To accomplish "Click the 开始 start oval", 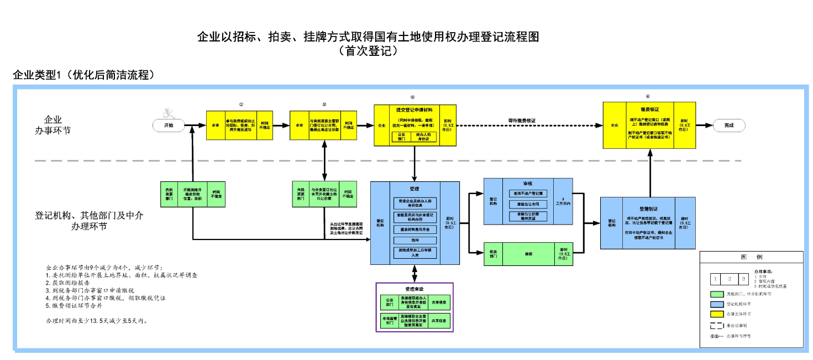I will [169, 125].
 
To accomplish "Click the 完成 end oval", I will [728, 125].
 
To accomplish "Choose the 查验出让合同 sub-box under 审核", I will [528, 204].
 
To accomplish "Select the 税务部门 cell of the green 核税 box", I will [494, 254].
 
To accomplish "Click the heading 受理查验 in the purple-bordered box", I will [414, 289].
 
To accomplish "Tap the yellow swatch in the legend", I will [717, 314].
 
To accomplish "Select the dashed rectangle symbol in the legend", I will [717, 326].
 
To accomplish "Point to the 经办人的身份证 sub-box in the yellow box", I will [427, 137].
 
